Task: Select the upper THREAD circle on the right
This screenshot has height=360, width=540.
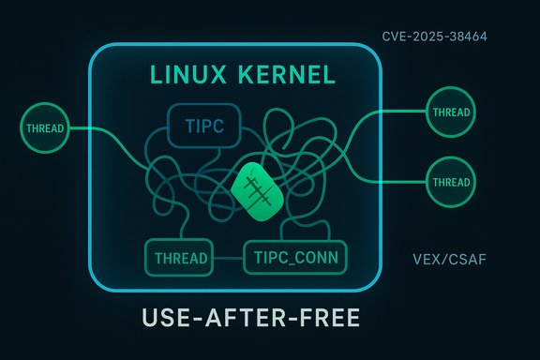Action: tap(451, 112)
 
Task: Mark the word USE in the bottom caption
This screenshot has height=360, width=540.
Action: tap(169, 318)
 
